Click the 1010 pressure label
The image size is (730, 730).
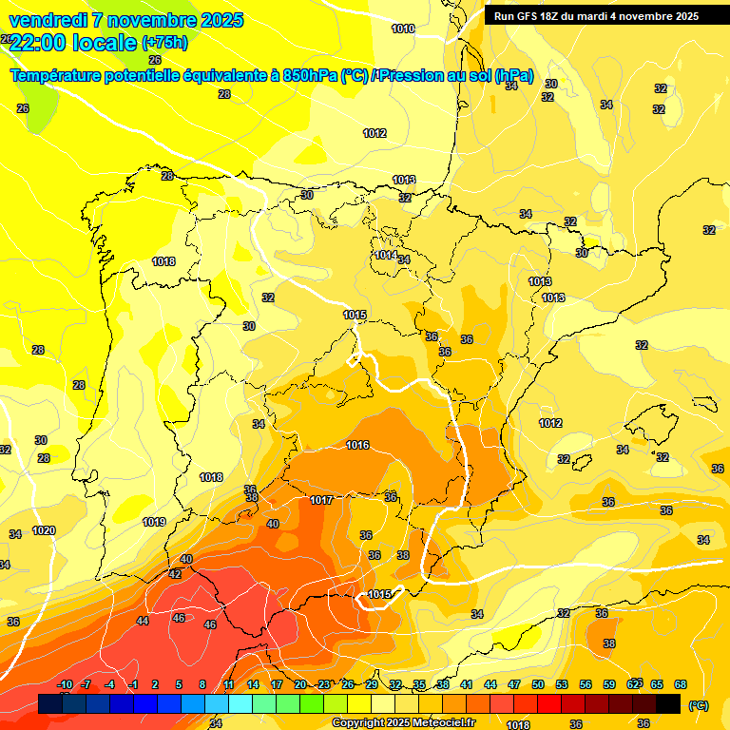403,29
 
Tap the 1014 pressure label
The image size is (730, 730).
385,255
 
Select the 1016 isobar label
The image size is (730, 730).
357,445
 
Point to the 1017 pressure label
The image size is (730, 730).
321,500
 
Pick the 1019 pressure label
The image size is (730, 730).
154,522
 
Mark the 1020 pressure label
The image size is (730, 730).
44,530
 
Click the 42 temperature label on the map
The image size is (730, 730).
175,574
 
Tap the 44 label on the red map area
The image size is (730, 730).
143,621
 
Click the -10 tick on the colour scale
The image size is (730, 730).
66,684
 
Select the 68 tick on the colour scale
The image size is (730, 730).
681,684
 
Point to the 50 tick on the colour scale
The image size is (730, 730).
538,684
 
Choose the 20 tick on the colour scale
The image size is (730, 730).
300,684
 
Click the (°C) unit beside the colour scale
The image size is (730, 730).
698,705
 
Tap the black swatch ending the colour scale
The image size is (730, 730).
668,703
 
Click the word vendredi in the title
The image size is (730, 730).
48,20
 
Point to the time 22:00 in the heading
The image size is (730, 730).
37,43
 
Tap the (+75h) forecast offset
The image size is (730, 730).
164,43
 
